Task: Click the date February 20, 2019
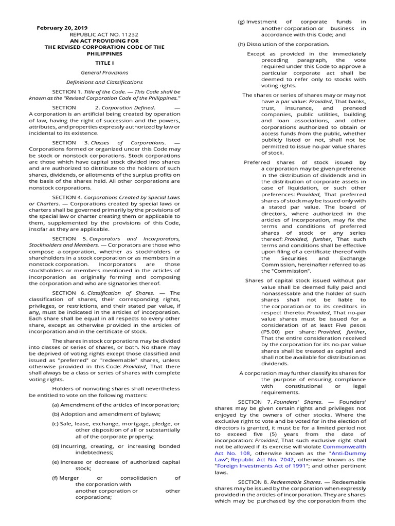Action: pos(62,28)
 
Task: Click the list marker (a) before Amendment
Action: pos(56,405)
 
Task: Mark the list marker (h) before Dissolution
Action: pos(241,44)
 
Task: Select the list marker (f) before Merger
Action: pos(55,478)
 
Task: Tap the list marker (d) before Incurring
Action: pos(56,446)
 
